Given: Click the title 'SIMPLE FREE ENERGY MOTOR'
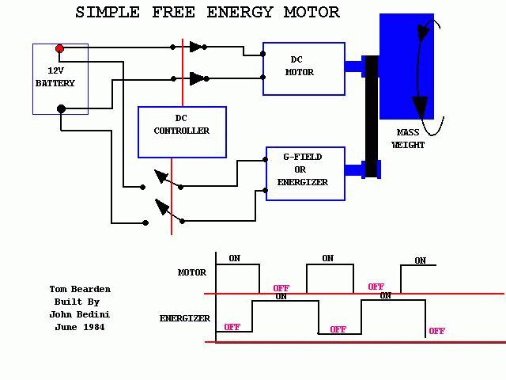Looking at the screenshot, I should coord(207,12).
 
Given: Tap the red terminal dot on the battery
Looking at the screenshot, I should coord(59,49).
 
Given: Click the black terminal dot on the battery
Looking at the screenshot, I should coord(61,109).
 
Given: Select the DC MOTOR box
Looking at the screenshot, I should coord(304,68).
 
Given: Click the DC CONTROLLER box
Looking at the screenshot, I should coord(182,131).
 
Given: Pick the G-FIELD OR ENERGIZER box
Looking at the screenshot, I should coord(305,173).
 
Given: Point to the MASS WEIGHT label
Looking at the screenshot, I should coord(408,139).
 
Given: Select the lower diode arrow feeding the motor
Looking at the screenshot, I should coord(197,78).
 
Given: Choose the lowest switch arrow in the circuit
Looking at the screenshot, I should coord(163,208).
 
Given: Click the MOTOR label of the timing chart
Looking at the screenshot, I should coord(192,272).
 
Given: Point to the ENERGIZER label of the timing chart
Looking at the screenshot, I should coord(185,318).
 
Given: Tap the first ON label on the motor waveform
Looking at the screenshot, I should coord(234,258).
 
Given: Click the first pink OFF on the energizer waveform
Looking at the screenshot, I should coord(232,327).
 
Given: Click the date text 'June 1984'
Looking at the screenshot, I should coord(80,327).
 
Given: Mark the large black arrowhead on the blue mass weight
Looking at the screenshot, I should coord(420,107).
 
